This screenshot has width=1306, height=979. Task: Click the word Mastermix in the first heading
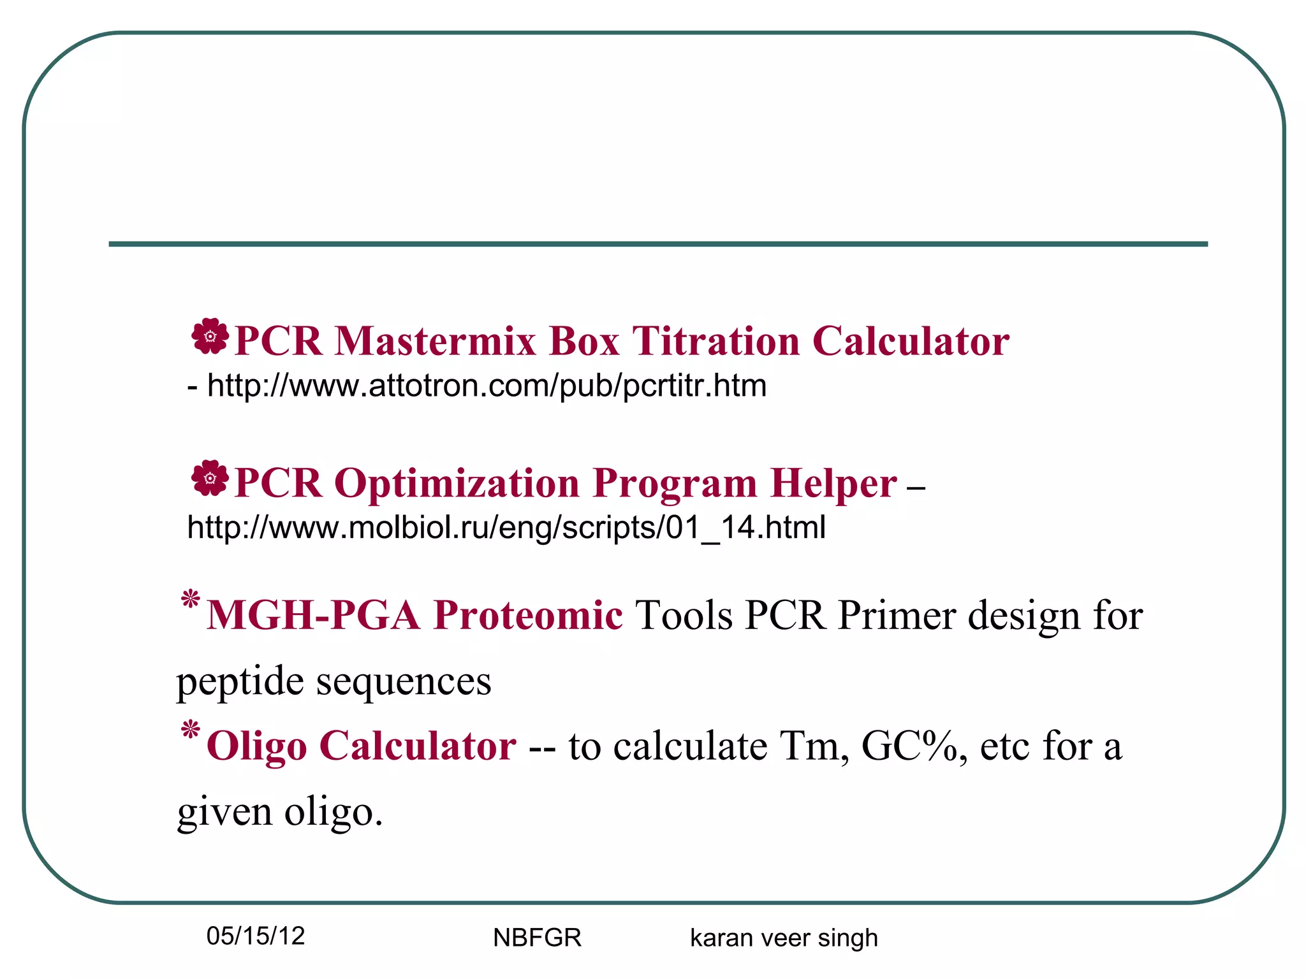click(x=435, y=341)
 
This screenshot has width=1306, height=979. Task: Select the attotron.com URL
click(x=487, y=386)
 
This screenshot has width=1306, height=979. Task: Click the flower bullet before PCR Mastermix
click(x=210, y=336)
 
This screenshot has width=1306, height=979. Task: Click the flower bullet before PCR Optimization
click(x=210, y=477)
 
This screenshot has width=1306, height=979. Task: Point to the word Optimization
click(x=456, y=484)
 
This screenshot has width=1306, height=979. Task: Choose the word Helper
click(x=833, y=482)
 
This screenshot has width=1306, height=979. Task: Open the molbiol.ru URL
click(x=506, y=528)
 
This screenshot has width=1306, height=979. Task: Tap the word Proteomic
click(x=528, y=616)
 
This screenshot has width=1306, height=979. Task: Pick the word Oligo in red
click(x=256, y=746)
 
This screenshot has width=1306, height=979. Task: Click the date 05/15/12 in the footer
click(x=256, y=936)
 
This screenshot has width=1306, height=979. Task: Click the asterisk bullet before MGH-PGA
click(x=190, y=600)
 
